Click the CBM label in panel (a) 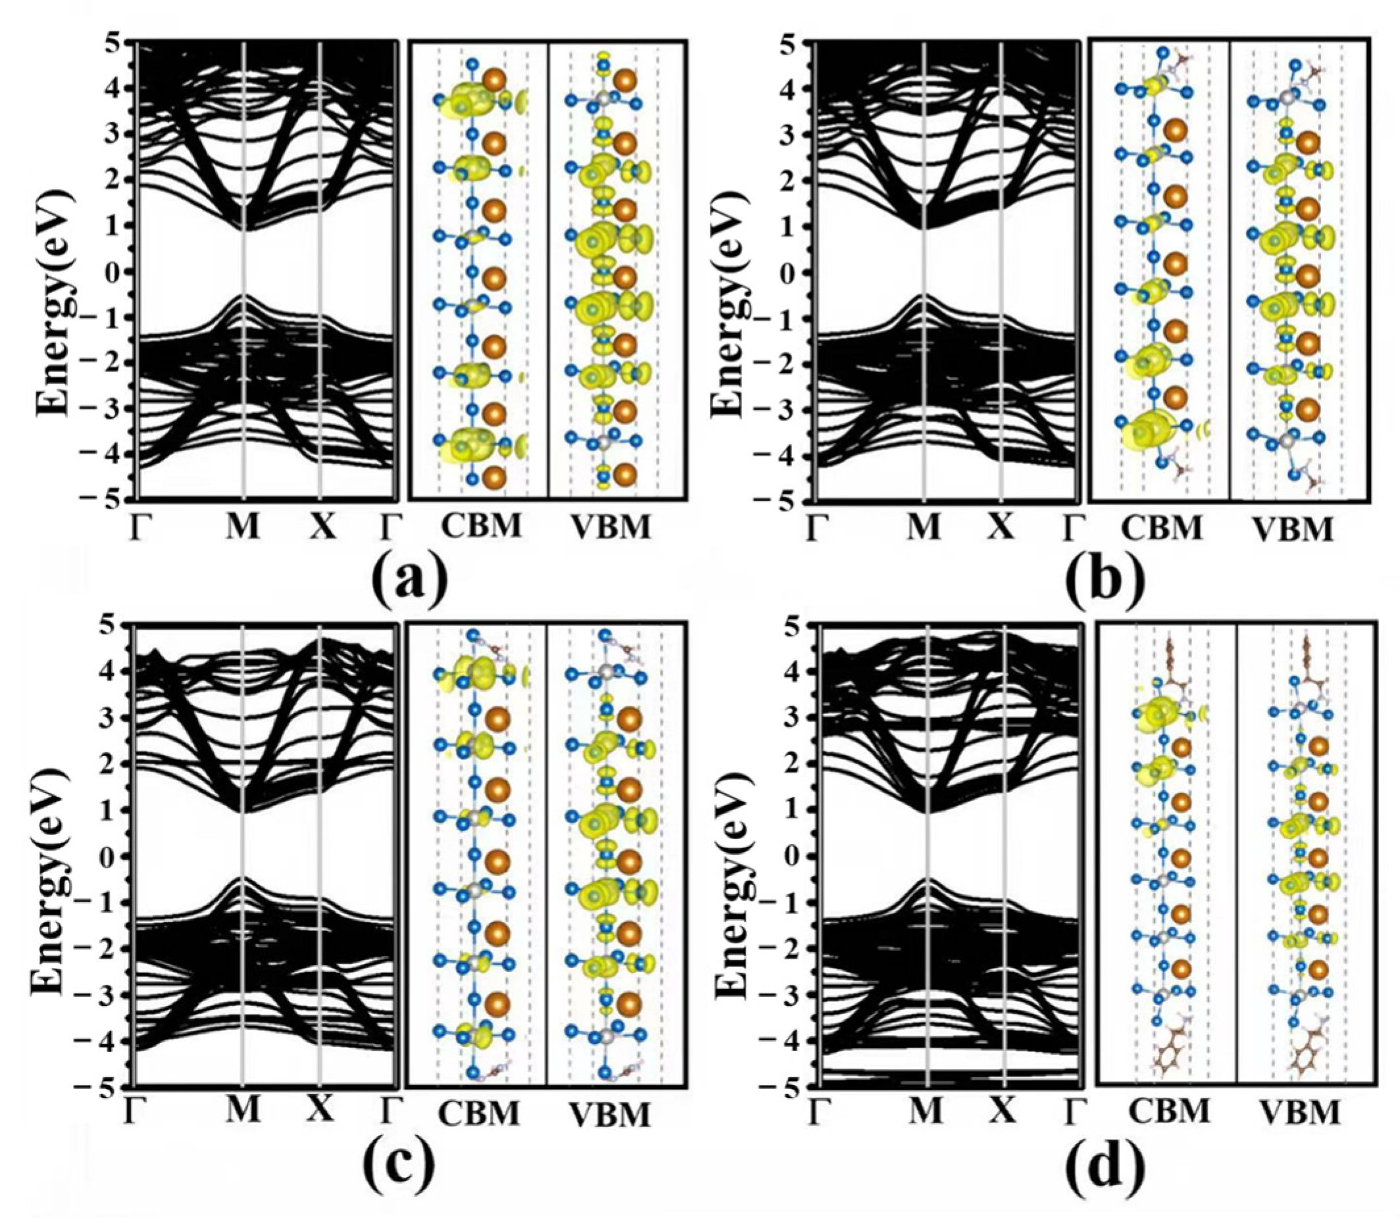tap(482, 527)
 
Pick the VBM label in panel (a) tap(610, 528)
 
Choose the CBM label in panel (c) tap(479, 1113)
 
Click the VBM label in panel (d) tap(1300, 1113)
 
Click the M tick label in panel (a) tap(243, 527)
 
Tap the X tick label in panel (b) tap(1001, 528)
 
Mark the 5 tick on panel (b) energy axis tap(794, 44)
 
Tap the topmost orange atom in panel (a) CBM tap(494, 80)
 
